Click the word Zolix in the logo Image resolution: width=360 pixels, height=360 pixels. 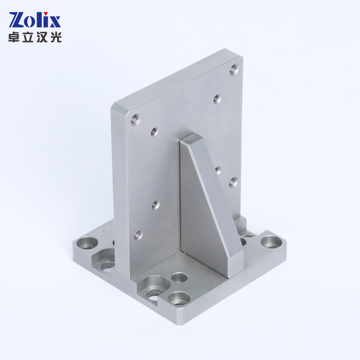pos(35,20)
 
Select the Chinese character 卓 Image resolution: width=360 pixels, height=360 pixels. pos(15,37)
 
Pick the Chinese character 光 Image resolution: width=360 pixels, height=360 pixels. pos(55,37)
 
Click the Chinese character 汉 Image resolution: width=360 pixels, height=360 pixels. pos(42,37)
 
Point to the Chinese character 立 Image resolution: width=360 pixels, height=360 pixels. pos(28,37)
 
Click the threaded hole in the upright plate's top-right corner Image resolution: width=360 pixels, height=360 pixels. pos(234,69)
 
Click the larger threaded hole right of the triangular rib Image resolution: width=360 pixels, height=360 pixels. pos(233,182)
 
